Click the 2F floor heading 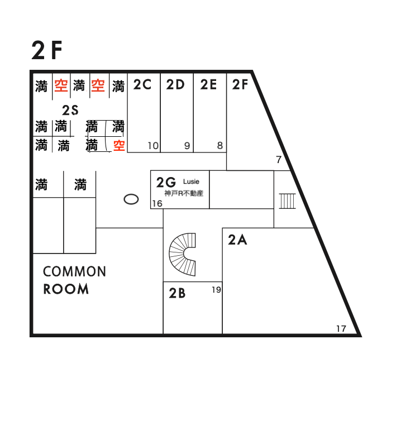47,51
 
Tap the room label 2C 142,85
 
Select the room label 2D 175,85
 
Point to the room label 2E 208,85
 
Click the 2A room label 237,240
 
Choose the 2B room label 177,293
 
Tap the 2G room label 166,182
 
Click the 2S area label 70,110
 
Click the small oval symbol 131,199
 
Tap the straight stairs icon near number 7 287,200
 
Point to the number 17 341,328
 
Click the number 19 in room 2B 216,289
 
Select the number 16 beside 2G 157,204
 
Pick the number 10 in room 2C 153,146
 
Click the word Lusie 191,181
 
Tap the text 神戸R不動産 183,193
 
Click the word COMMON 74,272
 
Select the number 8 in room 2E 220,146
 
